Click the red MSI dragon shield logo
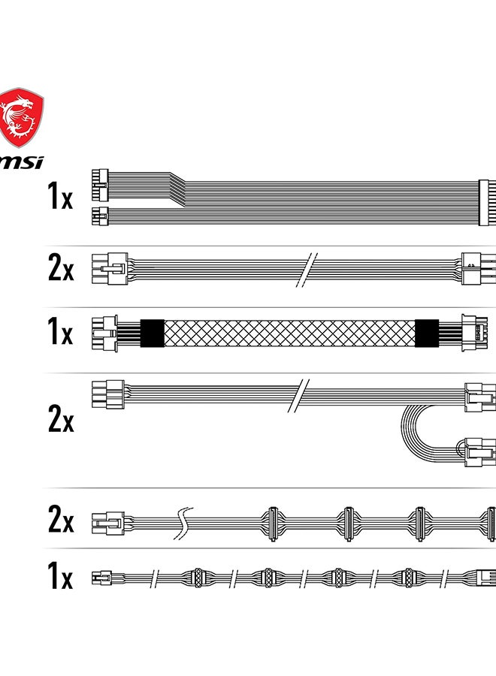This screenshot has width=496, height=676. coord(21,117)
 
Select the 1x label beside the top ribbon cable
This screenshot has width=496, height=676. coord(60,196)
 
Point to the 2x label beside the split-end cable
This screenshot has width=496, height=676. coord(61,418)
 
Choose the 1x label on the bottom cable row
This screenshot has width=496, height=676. coord(60,575)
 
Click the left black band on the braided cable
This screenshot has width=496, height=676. coord(153,333)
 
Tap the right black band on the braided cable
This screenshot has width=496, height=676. coord(427,333)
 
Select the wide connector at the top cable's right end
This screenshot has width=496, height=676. coord(488,202)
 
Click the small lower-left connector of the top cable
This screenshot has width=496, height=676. coord(100,216)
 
